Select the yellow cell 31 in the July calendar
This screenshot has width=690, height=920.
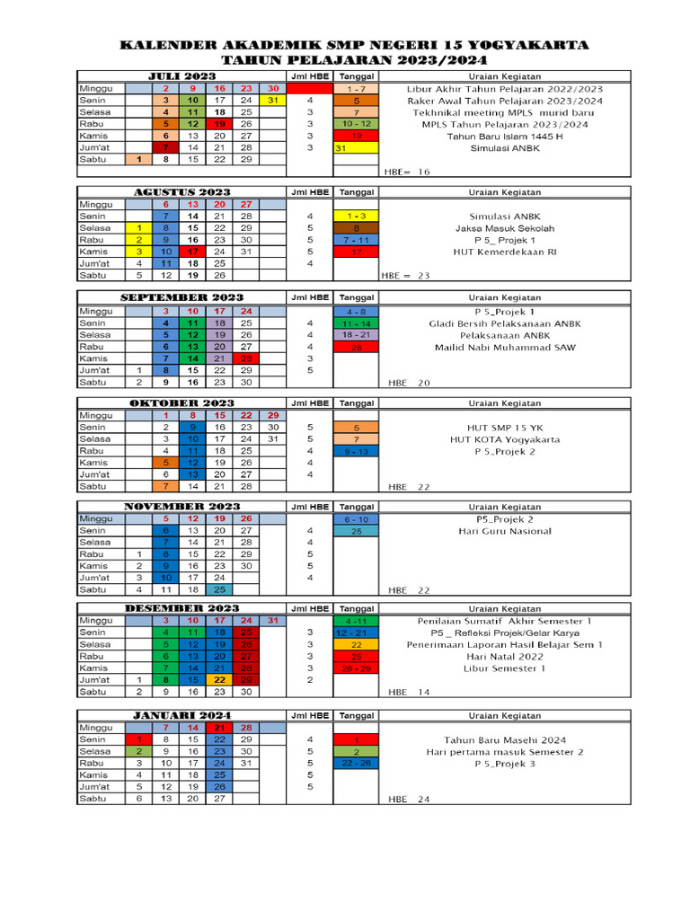(x=272, y=101)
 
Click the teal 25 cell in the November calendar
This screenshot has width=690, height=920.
(x=219, y=590)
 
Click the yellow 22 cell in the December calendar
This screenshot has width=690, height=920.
(x=219, y=680)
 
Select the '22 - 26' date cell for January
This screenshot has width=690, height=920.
(x=356, y=763)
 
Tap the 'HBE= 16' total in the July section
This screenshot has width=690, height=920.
(x=408, y=171)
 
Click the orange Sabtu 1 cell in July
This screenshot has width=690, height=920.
(x=138, y=159)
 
